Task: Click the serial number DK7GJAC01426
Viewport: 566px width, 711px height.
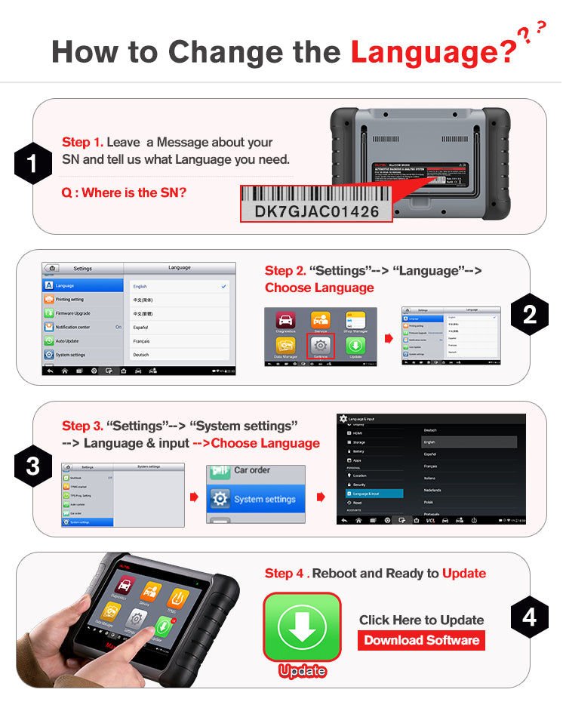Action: pyautogui.click(x=316, y=211)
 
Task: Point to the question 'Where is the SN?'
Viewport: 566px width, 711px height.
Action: pyautogui.click(x=124, y=193)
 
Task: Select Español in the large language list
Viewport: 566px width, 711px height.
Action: pyautogui.click(x=141, y=328)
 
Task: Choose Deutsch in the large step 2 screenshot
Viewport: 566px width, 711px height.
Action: pyautogui.click(x=141, y=355)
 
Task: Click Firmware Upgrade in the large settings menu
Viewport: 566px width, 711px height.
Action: pyautogui.click(x=73, y=313)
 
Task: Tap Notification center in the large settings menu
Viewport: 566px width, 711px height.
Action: pyautogui.click(x=73, y=327)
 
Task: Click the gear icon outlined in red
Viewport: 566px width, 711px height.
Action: pyautogui.click(x=320, y=344)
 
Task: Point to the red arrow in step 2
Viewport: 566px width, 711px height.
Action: pyautogui.click(x=389, y=338)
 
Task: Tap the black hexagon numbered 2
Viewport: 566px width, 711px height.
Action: pyautogui.click(x=530, y=314)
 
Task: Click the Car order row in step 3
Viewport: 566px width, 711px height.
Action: pyautogui.click(x=252, y=470)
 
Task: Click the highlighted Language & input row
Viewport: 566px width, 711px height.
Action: pyautogui.click(x=373, y=494)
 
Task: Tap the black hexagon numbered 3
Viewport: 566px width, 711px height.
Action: pyautogui.click(x=33, y=466)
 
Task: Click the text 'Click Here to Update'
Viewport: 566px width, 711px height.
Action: pyautogui.click(x=421, y=620)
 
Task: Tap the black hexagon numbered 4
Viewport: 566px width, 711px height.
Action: pyautogui.click(x=530, y=617)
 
